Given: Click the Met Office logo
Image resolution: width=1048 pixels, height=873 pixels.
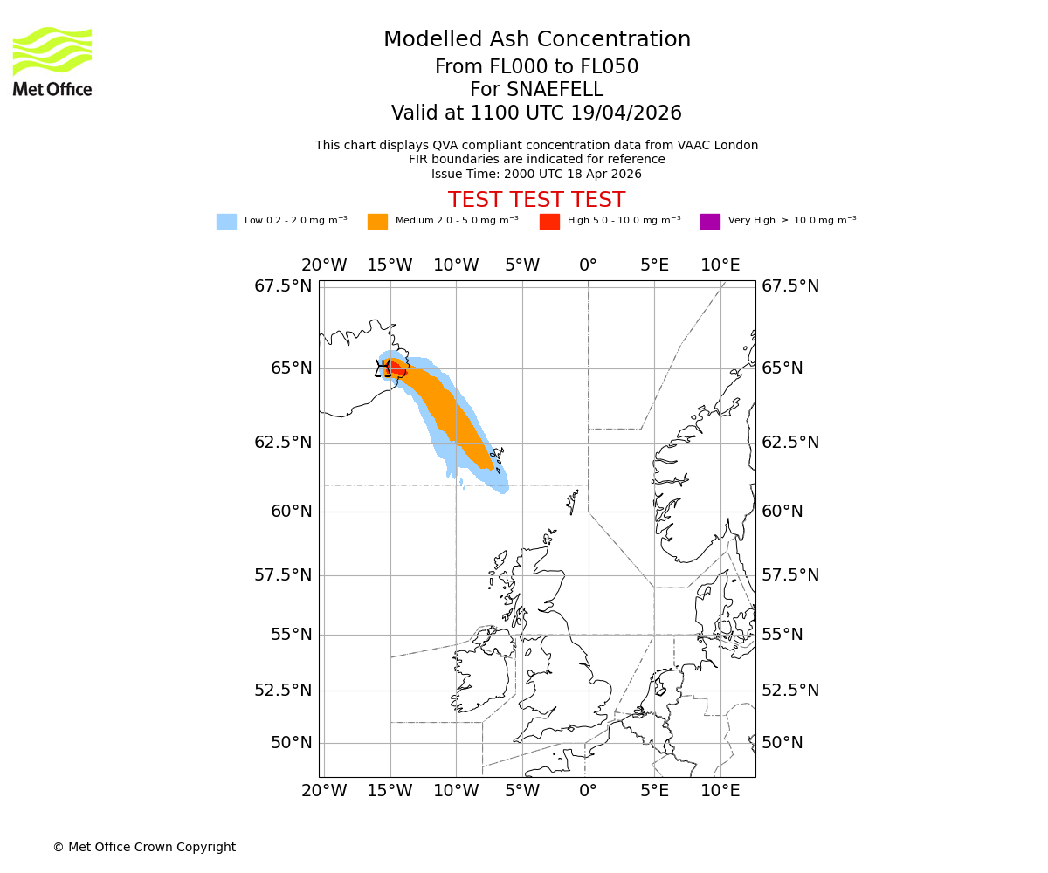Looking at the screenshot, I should click(x=52, y=61).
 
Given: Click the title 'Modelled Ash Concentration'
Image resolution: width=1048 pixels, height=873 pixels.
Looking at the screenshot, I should click(x=536, y=40).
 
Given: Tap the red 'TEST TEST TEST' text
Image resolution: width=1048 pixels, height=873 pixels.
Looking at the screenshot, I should click(x=536, y=200).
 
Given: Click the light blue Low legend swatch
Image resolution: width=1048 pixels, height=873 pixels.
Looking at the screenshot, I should click(x=226, y=222).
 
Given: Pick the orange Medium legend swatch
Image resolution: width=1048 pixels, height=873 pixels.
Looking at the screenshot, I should click(x=377, y=222).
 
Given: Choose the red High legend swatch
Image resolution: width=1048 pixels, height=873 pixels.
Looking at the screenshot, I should click(x=549, y=222).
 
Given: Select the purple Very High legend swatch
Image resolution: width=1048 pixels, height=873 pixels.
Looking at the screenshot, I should click(x=710, y=222).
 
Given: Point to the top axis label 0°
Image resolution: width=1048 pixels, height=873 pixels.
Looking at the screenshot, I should click(x=588, y=265).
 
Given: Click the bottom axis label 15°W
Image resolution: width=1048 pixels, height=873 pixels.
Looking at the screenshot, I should click(x=390, y=791).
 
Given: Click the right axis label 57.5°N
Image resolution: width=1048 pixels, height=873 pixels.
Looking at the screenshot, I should click(x=790, y=574).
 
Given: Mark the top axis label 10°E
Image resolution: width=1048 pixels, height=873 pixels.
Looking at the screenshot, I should click(x=720, y=265).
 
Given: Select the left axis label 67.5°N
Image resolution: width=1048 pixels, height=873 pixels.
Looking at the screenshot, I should click(x=283, y=286).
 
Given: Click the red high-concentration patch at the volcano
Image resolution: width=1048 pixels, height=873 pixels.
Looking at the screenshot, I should click(x=395, y=368).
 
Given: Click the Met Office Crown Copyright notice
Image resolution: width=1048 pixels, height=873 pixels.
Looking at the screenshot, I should click(x=144, y=847).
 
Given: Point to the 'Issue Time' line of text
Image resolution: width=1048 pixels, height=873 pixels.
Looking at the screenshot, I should click(x=536, y=174).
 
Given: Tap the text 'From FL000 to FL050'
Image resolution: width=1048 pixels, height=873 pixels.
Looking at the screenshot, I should click(x=536, y=67).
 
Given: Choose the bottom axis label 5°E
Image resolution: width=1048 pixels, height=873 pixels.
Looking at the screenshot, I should click(x=654, y=791).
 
